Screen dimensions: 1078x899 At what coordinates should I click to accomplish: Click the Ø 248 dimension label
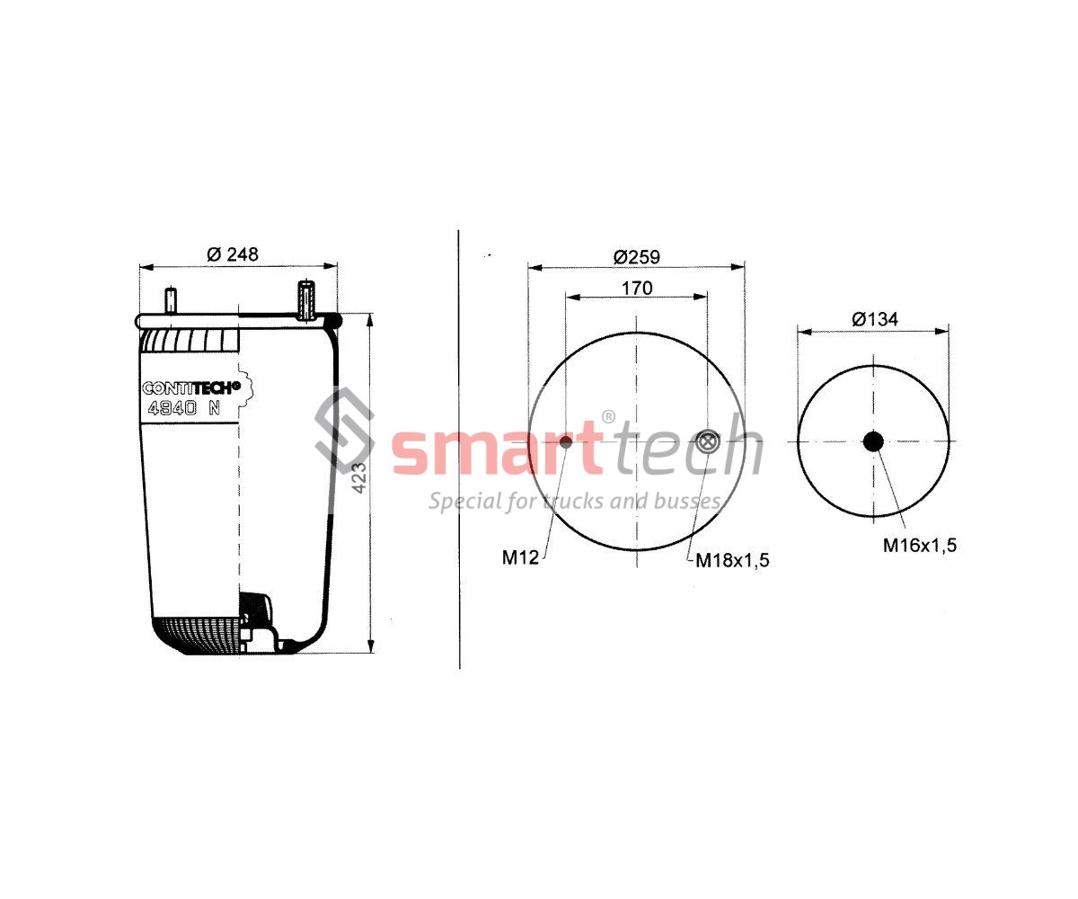[233, 254]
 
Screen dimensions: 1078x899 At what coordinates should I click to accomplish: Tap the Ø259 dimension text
[637, 257]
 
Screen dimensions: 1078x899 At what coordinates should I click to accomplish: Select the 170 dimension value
[637, 288]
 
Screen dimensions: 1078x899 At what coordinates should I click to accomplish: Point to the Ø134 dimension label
[875, 319]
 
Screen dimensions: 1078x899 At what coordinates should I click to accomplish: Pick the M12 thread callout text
[520, 557]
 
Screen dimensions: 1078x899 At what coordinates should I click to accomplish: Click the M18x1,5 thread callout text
[733, 560]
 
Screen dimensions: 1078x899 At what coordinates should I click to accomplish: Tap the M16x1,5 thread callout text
[920, 545]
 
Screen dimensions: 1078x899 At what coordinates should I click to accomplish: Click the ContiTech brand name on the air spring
[191, 387]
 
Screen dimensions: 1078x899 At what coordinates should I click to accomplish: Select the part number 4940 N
[184, 408]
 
